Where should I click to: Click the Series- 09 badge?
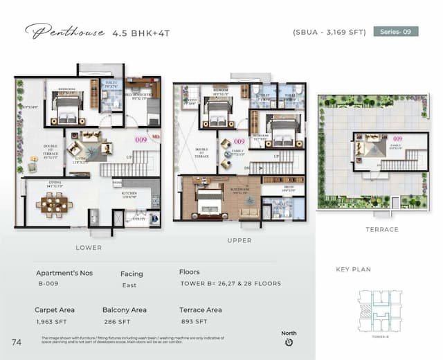[x=396, y=31]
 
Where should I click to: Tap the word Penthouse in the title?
[x=65, y=32]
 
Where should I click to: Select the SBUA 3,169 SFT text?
[x=329, y=32]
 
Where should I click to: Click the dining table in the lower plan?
[x=53, y=204]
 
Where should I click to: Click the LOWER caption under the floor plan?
[x=89, y=247]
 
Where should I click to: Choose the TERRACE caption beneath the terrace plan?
[x=382, y=229]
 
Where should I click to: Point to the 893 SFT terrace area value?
[x=193, y=322]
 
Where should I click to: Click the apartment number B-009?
[x=48, y=285]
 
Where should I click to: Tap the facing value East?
[x=129, y=285]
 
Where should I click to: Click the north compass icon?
[x=289, y=341]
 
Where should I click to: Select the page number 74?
[x=17, y=341]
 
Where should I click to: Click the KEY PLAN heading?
[x=352, y=269]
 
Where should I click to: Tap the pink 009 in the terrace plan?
[x=397, y=138]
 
